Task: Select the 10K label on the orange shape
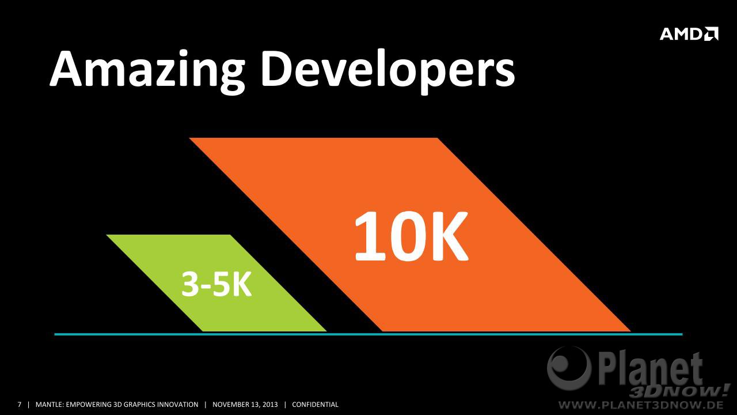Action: pyautogui.click(x=411, y=236)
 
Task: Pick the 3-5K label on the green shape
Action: pyautogui.click(x=216, y=284)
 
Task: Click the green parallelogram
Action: pyautogui.click(x=216, y=283)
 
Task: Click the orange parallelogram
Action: pyautogui.click(x=409, y=235)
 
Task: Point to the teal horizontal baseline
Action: pyautogui.click(x=368, y=334)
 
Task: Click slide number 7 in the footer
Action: pyautogui.click(x=20, y=405)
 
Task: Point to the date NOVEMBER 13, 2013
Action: pyautogui.click(x=245, y=405)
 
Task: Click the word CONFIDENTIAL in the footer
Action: pyautogui.click(x=315, y=405)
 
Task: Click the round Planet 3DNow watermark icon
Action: pyautogui.click(x=569, y=368)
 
